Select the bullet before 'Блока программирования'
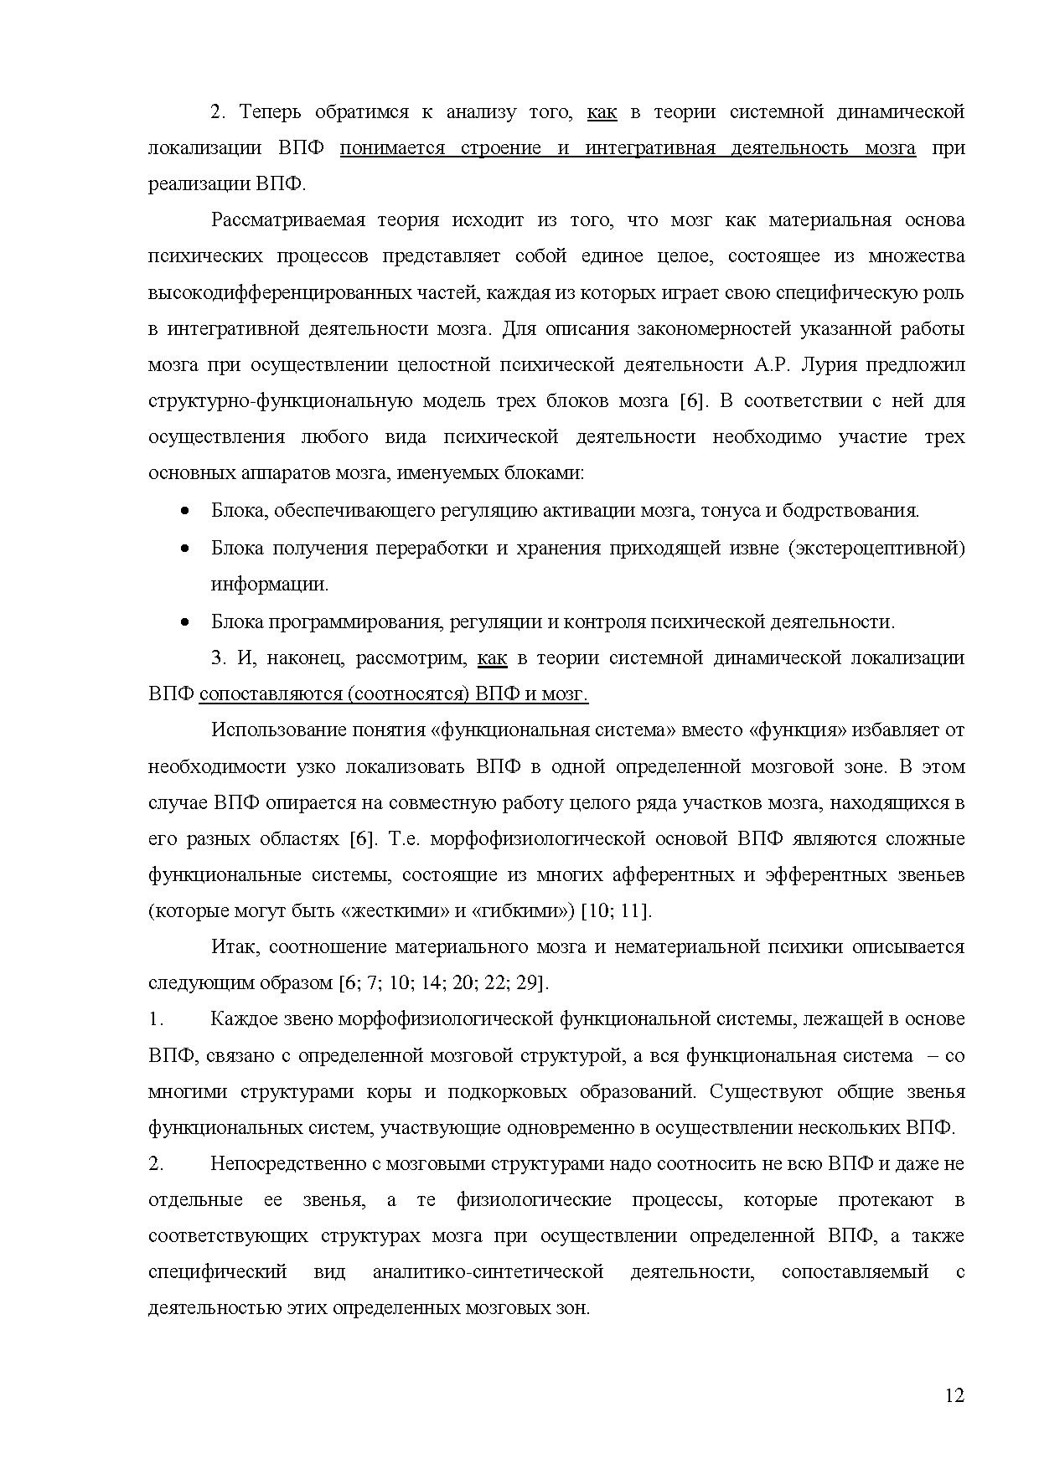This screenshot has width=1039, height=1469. click(186, 621)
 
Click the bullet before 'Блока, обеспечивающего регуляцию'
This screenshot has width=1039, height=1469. click(186, 511)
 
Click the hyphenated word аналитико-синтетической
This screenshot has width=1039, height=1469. click(488, 1271)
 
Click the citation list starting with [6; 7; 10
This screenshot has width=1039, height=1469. click(444, 982)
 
